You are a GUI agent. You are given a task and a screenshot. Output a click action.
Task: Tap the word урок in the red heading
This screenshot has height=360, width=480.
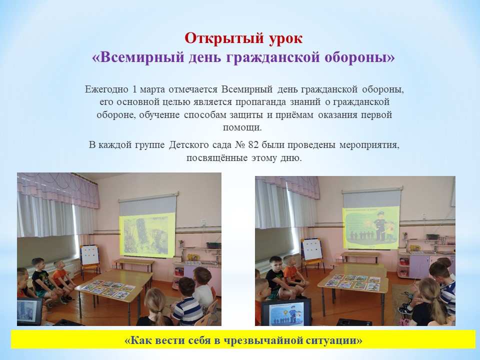281,38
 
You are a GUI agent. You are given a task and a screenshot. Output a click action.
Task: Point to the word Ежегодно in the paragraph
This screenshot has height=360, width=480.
105,90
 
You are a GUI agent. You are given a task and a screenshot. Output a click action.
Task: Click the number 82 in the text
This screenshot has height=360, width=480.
255,145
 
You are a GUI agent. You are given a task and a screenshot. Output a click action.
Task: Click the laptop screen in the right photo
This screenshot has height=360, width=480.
284,312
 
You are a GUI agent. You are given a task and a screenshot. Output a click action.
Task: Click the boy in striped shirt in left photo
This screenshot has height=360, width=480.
188,305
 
